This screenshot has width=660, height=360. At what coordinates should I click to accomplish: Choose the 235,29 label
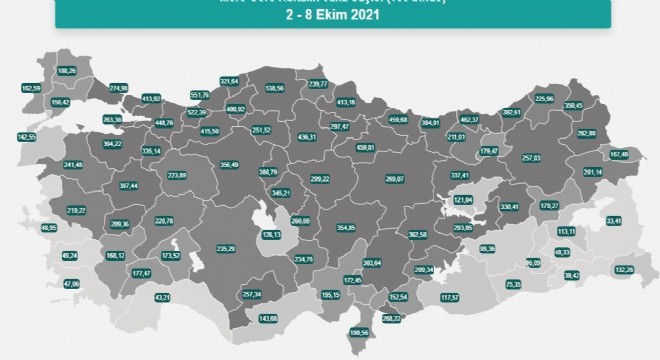(x=226, y=248)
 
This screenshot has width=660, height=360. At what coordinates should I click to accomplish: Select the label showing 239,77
(x=320, y=85)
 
